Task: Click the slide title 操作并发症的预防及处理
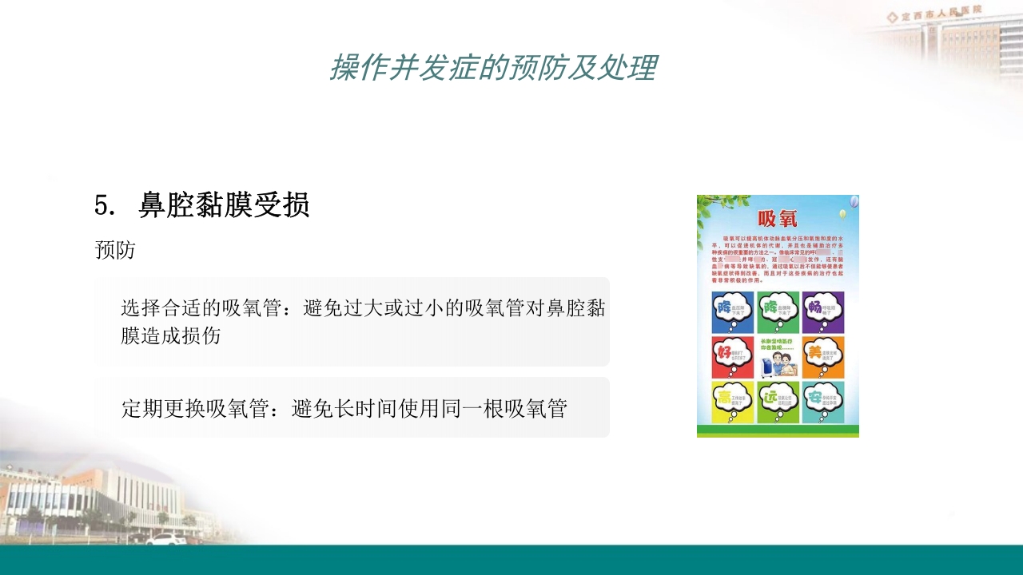pyautogui.click(x=493, y=68)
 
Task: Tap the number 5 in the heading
pyautogui.click(x=101, y=206)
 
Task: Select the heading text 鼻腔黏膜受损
pyautogui.click(x=225, y=206)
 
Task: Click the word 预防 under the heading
pyautogui.click(x=114, y=250)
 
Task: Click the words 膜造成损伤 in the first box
pyautogui.click(x=171, y=335)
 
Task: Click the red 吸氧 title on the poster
pyautogui.click(x=777, y=220)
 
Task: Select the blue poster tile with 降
pyautogui.click(x=732, y=311)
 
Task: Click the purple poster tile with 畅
pyautogui.click(x=823, y=311)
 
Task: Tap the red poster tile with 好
pyautogui.click(x=732, y=356)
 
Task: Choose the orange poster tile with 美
pyautogui.click(x=823, y=356)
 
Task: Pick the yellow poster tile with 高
pyautogui.click(x=732, y=402)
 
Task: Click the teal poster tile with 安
pyautogui.click(x=823, y=402)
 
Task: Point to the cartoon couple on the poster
pyautogui.click(x=778, y=364)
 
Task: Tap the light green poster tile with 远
pyautogui.click(x=778, y=402)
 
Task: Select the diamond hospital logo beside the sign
pyautogui.click(x=892, y=17)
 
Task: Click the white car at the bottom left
pyautogui.click(x=165, y=539)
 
